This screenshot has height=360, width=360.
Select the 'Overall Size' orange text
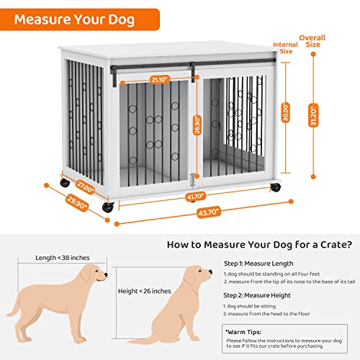[x=312, y=40]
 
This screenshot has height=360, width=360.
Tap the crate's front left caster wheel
[x=109, y=207]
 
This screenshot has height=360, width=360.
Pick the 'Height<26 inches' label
[x=144, y=291]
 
